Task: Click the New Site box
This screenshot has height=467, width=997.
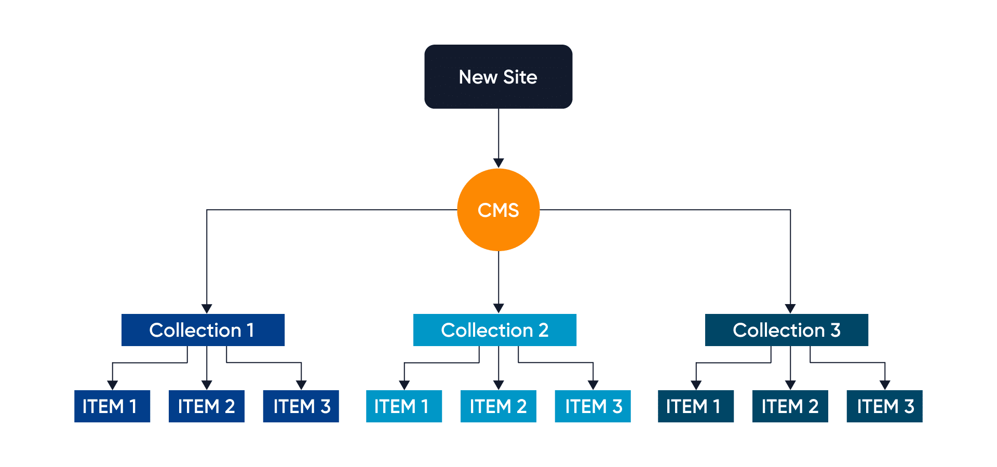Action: [498, 77]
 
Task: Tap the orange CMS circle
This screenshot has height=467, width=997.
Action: [498, 210]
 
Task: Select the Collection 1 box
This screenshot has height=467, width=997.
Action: [203, 330]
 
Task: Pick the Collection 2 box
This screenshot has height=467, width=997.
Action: [494, 330]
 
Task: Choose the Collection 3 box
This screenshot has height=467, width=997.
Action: [786, 330]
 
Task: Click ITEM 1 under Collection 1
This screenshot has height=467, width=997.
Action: [112, 406]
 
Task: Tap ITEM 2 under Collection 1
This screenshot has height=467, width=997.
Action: [206, 406]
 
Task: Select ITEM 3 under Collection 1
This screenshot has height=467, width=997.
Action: [301, 406]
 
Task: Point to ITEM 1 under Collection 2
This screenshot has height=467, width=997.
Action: [404, 406]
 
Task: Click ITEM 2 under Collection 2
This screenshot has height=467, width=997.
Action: [498, 406]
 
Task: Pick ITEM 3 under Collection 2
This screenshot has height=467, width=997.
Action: [592, 406]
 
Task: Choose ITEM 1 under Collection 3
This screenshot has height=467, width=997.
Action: [696, 406]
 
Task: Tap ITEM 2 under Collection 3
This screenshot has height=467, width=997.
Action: [790, 406]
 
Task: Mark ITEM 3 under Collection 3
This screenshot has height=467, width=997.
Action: [884, 406]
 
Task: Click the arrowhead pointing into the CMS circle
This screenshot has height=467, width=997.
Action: [498, 163]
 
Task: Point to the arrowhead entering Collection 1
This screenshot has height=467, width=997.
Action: [207, 309]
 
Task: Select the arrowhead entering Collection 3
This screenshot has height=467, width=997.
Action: [790, 309]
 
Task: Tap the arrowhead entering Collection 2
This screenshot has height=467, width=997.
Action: [498, 309]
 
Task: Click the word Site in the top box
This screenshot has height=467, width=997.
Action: [520, 77]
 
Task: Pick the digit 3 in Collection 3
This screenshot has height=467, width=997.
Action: [836, 330]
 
